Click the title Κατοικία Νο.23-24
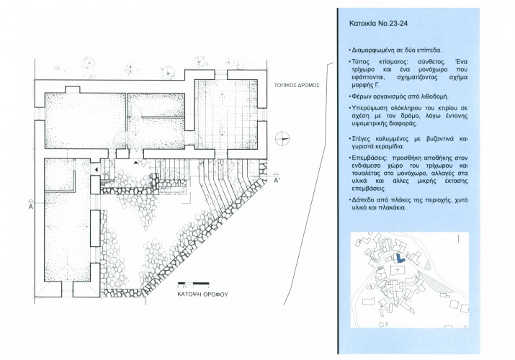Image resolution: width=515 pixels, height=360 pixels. (378, 24)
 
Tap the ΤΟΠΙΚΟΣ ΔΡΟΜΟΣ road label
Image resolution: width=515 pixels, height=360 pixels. (297, 86)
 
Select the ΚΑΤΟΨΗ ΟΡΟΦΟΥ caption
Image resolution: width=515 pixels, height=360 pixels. (202, 294)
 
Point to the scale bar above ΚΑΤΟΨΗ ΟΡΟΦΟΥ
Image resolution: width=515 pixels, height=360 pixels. (194, 283)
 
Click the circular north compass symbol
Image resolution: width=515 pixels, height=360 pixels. (283, 138)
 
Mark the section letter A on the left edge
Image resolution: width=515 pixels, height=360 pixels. (31, 207)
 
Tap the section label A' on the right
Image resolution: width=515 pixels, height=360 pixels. (277, 180)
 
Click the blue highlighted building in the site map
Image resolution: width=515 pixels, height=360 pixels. (399, 258)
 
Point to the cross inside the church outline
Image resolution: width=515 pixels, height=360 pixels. (398, 270)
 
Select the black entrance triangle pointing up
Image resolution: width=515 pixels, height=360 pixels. (135, 163)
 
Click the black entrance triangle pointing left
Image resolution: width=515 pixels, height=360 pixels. (96, 170)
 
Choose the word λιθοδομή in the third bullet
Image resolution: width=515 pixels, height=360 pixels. (434, 96)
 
